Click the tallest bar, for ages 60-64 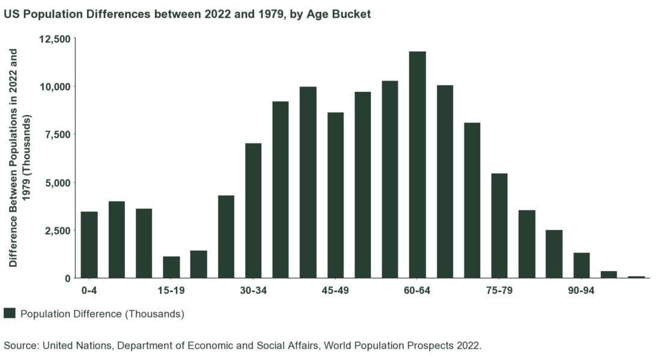[x=417, y=165]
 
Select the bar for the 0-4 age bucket [x=89, y=245]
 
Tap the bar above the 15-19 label [x=171, y=267]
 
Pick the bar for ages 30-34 [x=253, y=210]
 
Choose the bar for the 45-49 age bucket [x=335, y=195]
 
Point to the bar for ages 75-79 [x=499, y=225]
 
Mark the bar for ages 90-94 [x=581, y=265]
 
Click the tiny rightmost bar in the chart [x=636, y=276]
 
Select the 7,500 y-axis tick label [x=58, y=135]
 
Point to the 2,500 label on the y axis [x=58, y=231]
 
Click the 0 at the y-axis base [x=68, y=278]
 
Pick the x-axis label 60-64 [x=417, y=291]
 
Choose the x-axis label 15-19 [x=171, y=291]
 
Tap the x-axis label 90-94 [x=581, y=291]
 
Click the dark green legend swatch [x=10, y=313]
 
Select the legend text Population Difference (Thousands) [x=102, y=314]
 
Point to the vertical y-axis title [x=19, y=157]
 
